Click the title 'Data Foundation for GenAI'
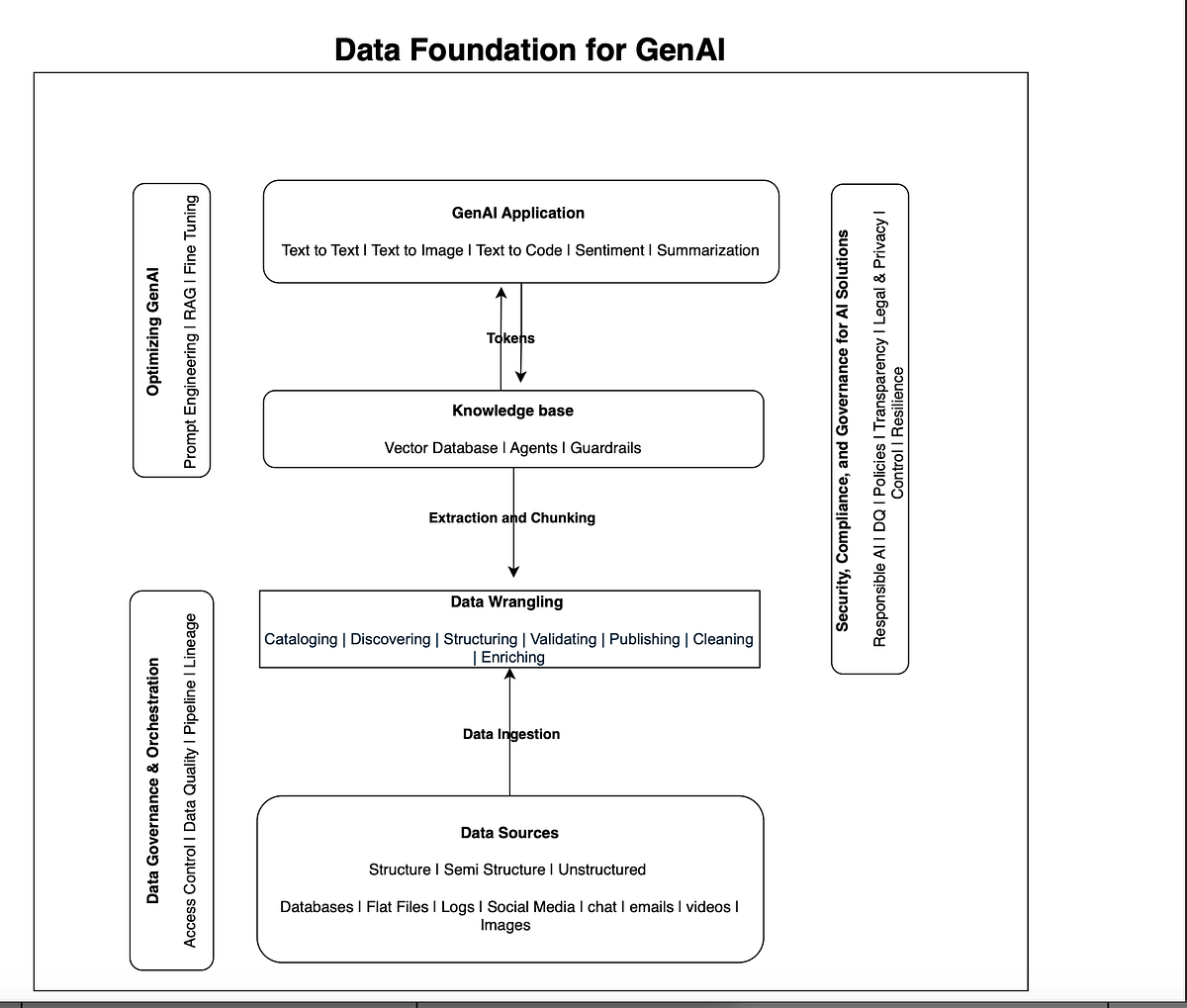pyautogui.click(x=529, y=48)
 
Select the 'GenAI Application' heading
pyautogui.click(x=517, y=213)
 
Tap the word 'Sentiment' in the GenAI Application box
pyautogui.click(x=609, y=250)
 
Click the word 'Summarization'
pyautogui.click(x=708, y=250)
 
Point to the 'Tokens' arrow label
pyautogui.click(x=510, y=338)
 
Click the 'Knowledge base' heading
pyautogui.click(x=512, y=411)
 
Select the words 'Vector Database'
pyautogui.click(x=441, y=448)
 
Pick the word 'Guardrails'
pyautogui.click(x=605, y=448)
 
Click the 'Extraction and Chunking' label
pyautogui.click(x=511, y=517)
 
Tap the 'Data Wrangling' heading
pyautogui.click(x=506, y=601)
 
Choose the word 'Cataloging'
pyautogui.click(x=301, y=639)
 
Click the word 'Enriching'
pyautogui.click(x=512, y=657)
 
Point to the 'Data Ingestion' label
pyautogui.click(x=510, y=734)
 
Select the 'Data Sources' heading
pyautogui.click(x=509, y=833)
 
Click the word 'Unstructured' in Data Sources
pyautogui.click(x=601, y=870)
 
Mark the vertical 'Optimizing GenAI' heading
pyautogui.click(x=153, y=330)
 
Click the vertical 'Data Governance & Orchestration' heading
pyautogui.click(x=153, y=779)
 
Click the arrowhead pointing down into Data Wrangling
pyautogui.click(x=513, y=571)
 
